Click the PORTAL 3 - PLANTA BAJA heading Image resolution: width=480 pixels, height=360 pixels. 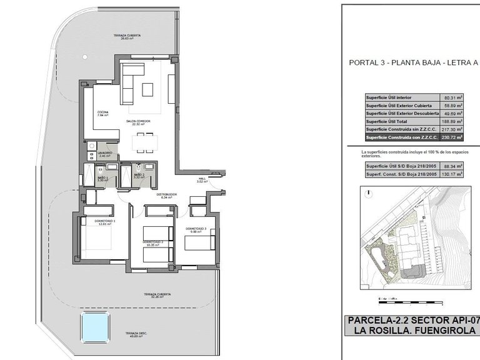pyautogui.click(x=413, y=62)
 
